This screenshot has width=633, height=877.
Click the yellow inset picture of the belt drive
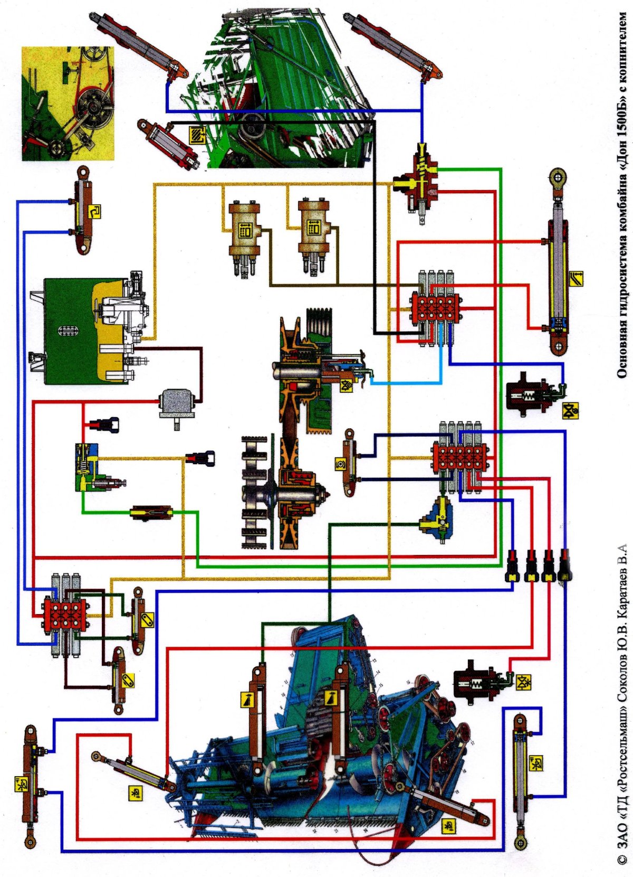click(x=68, y=103)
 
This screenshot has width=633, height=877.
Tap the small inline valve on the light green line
click(x=151, y=512)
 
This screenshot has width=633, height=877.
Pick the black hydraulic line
click(x=375, y=222)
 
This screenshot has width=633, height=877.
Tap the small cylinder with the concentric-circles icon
click(x=349, y=462)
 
